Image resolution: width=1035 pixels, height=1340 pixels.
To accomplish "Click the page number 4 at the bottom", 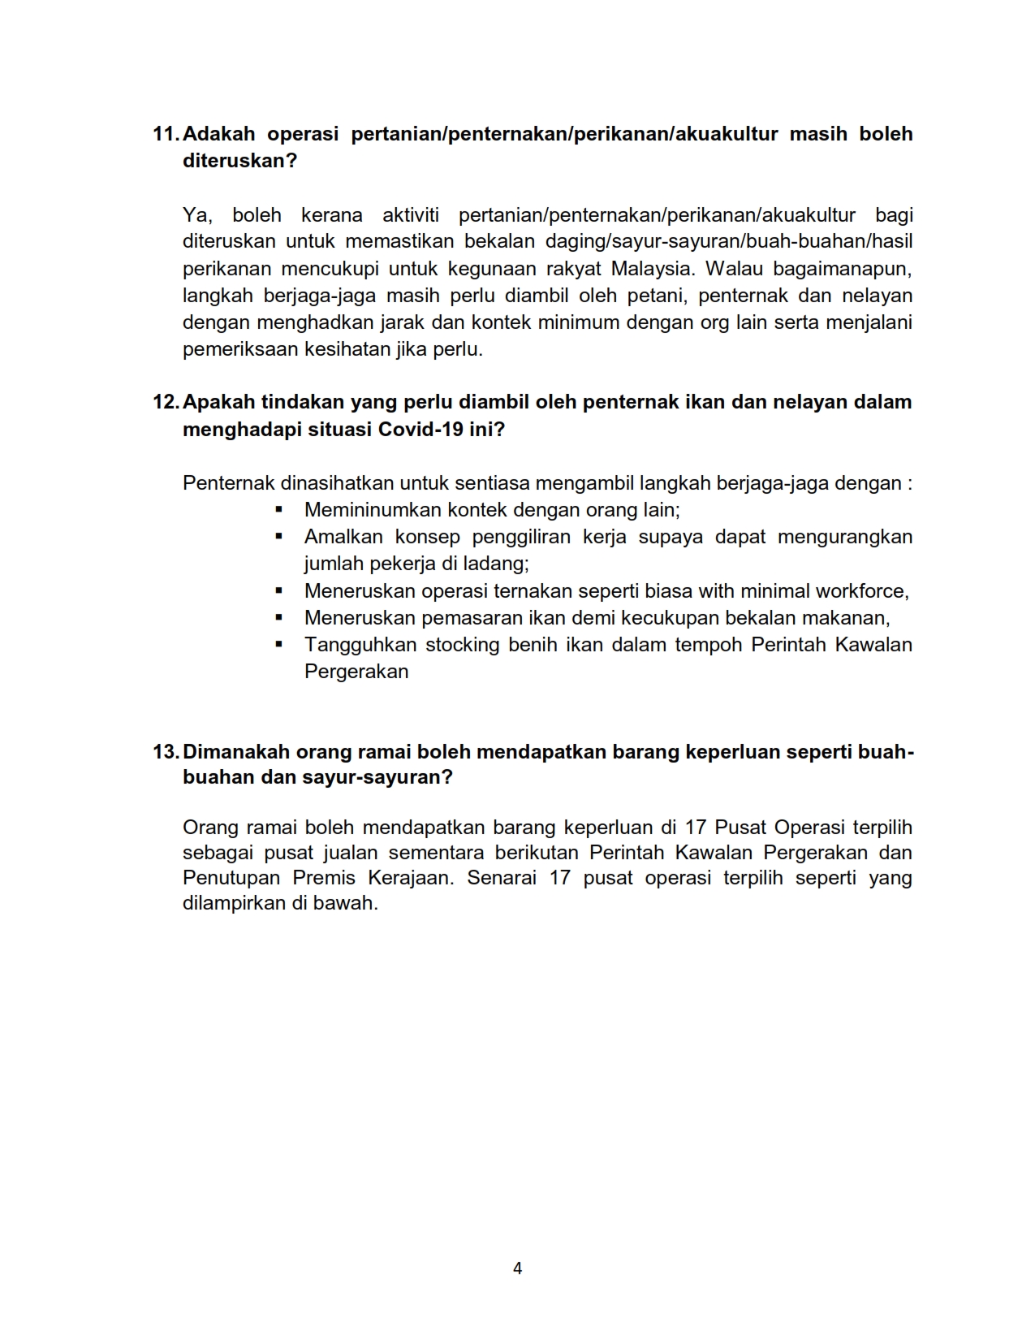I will point(518,1268).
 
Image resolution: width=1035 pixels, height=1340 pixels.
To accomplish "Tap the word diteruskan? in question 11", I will point(240,161).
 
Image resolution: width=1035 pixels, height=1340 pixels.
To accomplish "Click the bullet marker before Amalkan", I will point(279,537).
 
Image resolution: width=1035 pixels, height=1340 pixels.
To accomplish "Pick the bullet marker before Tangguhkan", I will point(279,645).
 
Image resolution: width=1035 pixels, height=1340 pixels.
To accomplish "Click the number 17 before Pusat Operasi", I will point(696,828).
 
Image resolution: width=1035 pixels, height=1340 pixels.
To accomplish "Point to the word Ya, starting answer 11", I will point(197,215).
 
